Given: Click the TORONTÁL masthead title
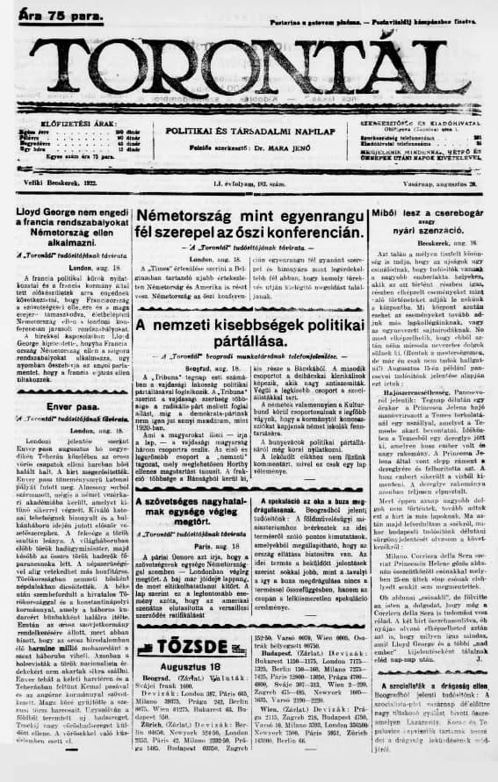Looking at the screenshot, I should (249, 69).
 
